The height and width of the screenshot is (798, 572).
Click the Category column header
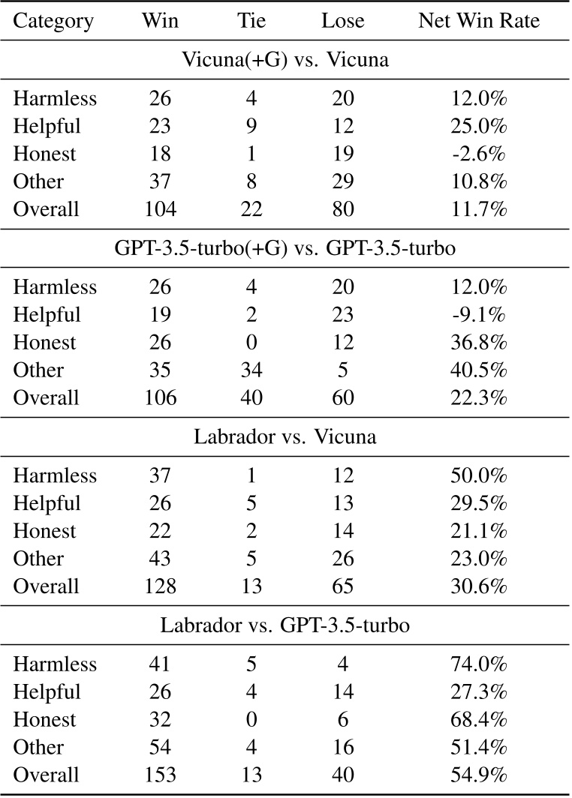point(53,22)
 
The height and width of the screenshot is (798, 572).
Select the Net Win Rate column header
point(478,22)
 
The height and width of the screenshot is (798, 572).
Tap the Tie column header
point(251,22)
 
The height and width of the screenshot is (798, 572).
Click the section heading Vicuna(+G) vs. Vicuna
point(285,60)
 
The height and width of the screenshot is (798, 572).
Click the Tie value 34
point(251,370)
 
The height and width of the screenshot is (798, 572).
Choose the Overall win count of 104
point(160,209)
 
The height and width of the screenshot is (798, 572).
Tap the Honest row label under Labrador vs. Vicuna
point(45,532)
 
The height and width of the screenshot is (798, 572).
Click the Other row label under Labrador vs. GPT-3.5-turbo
point(38,748)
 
